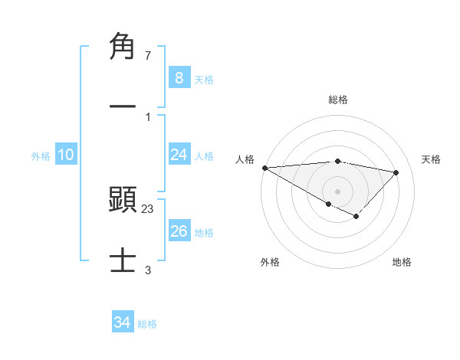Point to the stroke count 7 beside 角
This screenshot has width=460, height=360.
[148, 56]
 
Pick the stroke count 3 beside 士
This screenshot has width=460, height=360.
[148, 270]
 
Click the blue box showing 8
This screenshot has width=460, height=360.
[179, 77]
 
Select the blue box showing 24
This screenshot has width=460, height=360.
[179, 155]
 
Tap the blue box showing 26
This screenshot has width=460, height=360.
[179, 231]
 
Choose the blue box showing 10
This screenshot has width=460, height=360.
[65, 155]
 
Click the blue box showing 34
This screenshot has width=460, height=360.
[122, 322]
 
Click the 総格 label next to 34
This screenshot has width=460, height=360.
[147, 324]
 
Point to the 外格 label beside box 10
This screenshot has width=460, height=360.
[41, 156]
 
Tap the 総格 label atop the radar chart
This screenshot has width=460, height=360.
[337, 100]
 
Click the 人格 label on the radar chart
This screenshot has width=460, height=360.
[245, 159]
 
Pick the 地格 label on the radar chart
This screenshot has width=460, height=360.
[402, 262]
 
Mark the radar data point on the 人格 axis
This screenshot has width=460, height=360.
[264, 167]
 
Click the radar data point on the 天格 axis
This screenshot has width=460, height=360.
[396, 172]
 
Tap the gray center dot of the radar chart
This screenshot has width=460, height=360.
[337, 191]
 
